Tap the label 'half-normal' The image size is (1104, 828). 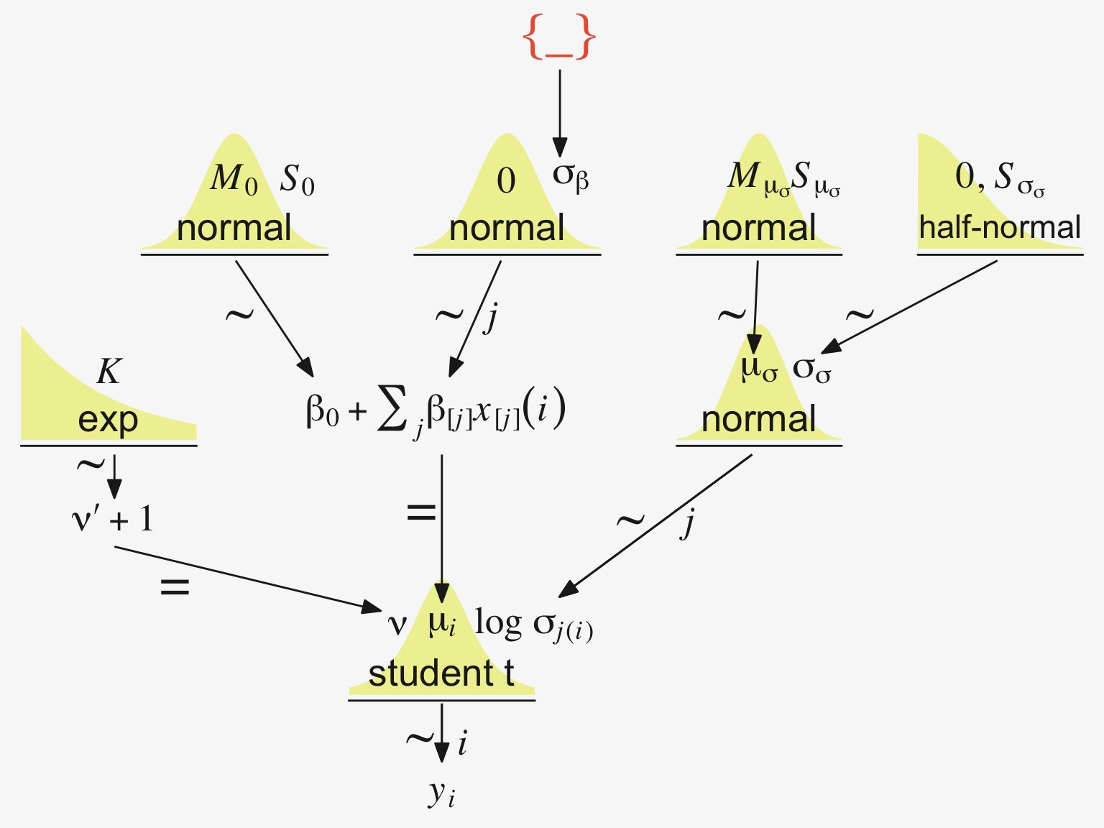(x=999, y=228)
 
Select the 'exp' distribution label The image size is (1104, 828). (x=108, y=420)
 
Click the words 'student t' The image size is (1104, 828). (x=441, y=673)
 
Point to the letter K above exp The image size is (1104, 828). (x=109, y=372)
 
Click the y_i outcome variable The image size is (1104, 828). (x=441, y=794)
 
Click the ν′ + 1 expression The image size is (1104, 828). (x=113, y=519)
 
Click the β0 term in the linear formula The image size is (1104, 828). (x=322, y=412)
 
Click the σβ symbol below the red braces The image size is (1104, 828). (x=571, y=175)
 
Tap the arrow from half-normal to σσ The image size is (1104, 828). (x=909, y=306)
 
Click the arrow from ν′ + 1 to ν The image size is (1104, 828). (x=248, y=579)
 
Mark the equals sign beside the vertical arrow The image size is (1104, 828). (x=421, y=512)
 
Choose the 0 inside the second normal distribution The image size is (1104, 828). (x=506, y=180)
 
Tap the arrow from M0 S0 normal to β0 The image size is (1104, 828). (x=275, y=318)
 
